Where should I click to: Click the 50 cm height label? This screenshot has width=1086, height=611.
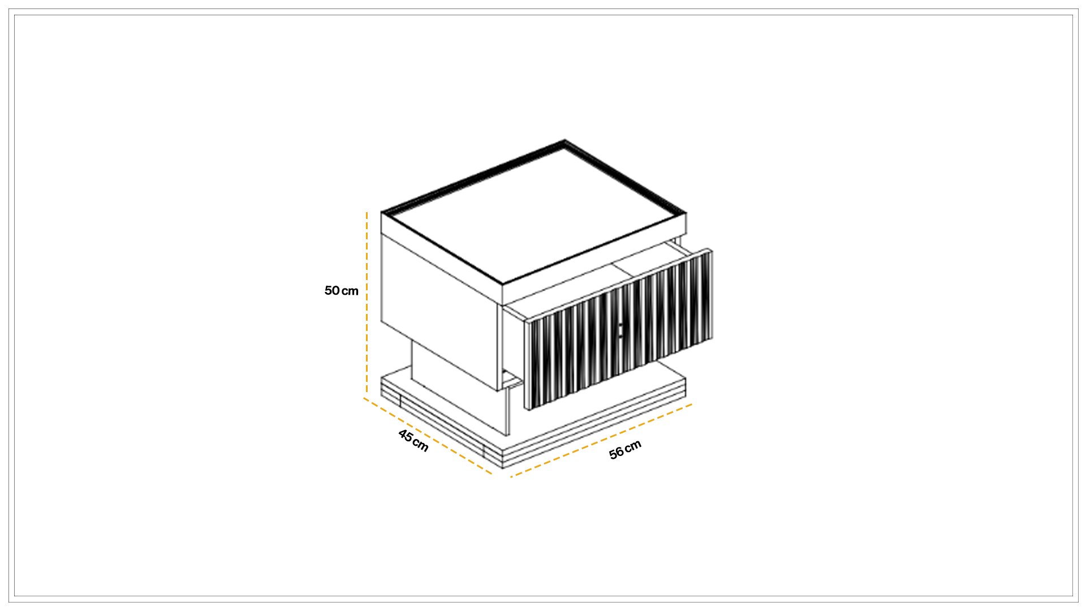342,291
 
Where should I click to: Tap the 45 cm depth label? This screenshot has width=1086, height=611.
413,441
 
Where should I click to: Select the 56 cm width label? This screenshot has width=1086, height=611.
625,450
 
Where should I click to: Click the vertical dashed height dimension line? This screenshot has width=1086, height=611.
367,303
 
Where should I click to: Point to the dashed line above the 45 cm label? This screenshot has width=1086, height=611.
428,436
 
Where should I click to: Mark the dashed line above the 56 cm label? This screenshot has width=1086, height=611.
601,441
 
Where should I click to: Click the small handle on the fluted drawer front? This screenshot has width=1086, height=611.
620,331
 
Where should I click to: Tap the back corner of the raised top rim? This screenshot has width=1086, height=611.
564,141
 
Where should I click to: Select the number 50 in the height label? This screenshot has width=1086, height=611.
331,291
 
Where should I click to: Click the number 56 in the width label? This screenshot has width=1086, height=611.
616,453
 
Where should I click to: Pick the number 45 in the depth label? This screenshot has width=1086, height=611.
406,436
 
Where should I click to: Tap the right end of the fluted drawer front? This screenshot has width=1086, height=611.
712,294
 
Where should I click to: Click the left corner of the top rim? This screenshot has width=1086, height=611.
382,213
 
